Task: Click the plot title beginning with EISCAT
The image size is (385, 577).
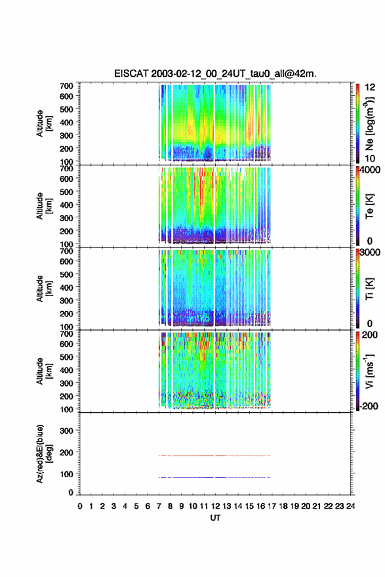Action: point(215,74)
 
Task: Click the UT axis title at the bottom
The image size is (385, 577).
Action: point(215,518)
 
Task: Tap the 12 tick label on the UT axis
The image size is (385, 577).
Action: point(215,506)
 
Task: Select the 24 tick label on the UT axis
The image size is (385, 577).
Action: point(350,506)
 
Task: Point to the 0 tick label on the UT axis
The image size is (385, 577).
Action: point(80,506)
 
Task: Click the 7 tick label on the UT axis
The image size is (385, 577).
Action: point(159,506)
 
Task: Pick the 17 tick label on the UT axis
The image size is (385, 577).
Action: point(272,506)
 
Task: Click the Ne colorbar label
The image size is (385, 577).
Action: point(370,123)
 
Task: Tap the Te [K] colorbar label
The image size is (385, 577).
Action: point(369,206)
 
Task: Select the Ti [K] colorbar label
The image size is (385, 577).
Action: point(369,289)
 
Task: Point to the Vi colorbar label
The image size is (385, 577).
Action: point(369,371)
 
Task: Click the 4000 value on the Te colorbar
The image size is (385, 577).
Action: point(371,170)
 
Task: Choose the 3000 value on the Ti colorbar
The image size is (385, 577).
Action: point(371,253)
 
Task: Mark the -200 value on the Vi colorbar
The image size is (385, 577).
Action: point(369,406)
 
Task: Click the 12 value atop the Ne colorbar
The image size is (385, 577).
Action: point(370,87)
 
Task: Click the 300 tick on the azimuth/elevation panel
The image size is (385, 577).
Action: point(66,431)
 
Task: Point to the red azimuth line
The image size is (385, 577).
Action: point(214,456)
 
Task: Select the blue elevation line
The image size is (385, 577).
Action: point(214,477)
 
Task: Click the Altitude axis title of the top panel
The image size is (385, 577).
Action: point(44,123)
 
